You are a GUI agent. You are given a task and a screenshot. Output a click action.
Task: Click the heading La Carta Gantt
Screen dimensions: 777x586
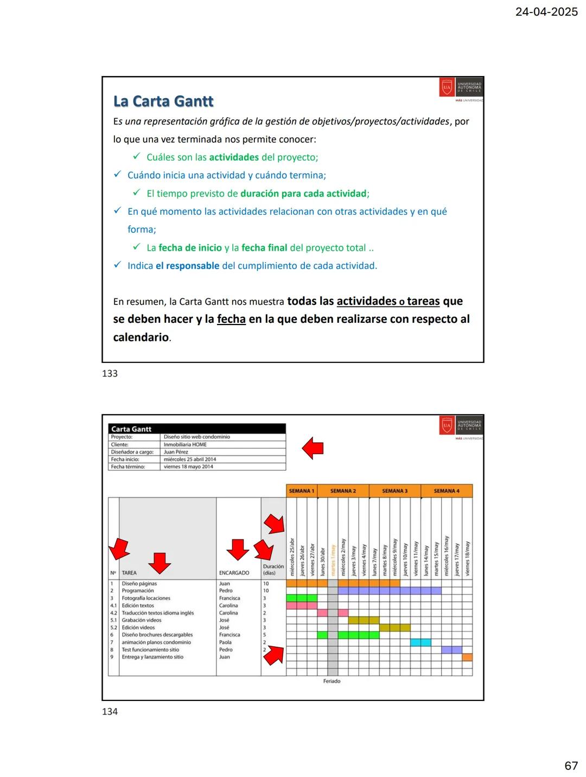pos(163,101)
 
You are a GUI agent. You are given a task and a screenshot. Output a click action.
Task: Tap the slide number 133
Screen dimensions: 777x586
pos(110,373)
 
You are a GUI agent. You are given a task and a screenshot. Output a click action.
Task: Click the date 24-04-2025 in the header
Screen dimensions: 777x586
pos(546,11)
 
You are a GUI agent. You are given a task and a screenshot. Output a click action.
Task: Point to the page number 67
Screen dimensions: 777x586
pos(571,766)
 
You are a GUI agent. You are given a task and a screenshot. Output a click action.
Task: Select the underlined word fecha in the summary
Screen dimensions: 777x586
pos(231,319)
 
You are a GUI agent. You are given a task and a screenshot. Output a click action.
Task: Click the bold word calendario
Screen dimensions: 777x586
pos(141,337)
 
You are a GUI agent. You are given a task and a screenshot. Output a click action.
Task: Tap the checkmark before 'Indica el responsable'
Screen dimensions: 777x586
pos(117,265)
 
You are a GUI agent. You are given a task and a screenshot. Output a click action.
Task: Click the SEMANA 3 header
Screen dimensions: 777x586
pos(394,491)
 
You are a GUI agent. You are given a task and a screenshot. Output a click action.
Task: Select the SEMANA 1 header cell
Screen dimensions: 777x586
pos(301,491)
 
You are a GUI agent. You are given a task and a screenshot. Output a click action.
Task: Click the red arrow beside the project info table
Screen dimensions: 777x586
pos(313,448)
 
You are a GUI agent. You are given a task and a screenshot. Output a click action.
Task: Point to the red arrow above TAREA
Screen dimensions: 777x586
pos(160,563)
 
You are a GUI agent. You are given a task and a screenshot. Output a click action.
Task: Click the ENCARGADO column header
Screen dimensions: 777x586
pos(234,573)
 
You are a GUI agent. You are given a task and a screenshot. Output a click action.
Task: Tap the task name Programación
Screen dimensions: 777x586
pos(138,591)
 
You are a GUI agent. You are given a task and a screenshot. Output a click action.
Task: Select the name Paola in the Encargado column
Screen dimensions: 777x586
pos(225,642)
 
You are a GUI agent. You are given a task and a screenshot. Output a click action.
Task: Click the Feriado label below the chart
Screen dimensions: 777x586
pos(332,681)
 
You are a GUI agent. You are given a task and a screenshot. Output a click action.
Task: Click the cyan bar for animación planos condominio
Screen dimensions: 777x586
pos(421,642)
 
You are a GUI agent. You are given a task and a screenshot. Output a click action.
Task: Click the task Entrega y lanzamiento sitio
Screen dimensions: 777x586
pos(152,657)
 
